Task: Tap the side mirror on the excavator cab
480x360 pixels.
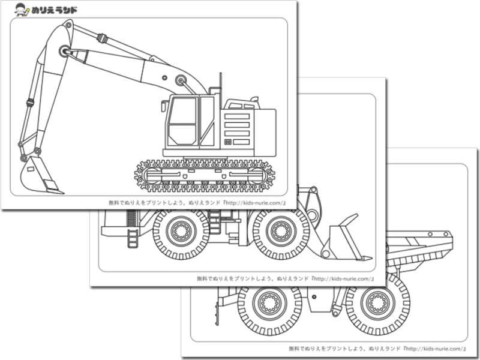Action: [163, 106]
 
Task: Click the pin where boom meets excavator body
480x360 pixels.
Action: [181, 79]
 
